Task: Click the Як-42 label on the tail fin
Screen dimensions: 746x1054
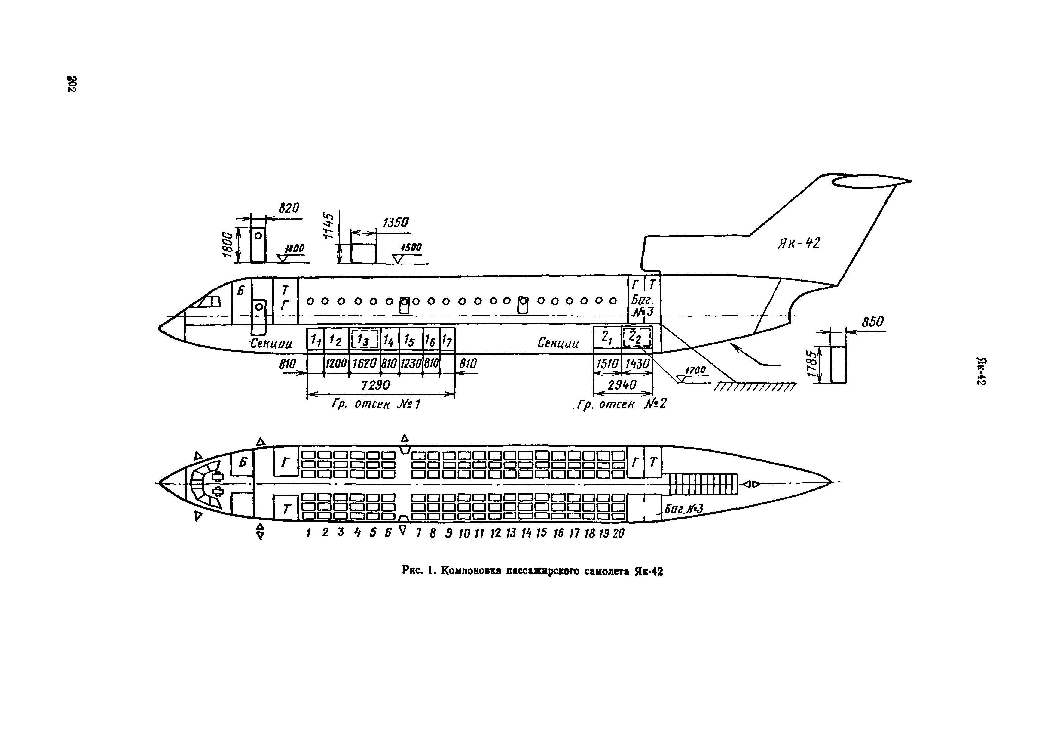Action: click(799, 243)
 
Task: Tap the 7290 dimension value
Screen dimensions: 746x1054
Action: click(375, 385)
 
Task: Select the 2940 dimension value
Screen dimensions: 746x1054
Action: click(622, 385)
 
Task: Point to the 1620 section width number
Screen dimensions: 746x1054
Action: click(365, 363)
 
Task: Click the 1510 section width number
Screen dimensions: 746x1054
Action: click(607, 364)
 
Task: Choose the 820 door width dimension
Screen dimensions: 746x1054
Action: click(289, 208)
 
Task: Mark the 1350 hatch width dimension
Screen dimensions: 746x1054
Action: click(395, 223)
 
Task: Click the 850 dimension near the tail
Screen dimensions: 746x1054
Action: click(872, 322)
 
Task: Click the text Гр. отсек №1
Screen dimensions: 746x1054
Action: click(375, 404)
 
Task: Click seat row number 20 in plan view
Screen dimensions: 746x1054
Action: click(618, 533)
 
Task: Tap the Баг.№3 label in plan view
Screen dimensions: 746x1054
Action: click(683, 508)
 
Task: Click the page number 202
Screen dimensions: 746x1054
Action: click(72, 83)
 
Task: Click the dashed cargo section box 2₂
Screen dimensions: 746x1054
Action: click(637, 338)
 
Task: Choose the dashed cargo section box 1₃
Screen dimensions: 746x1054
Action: click(365, 340)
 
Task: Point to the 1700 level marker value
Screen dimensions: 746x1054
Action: click(695, 370)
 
